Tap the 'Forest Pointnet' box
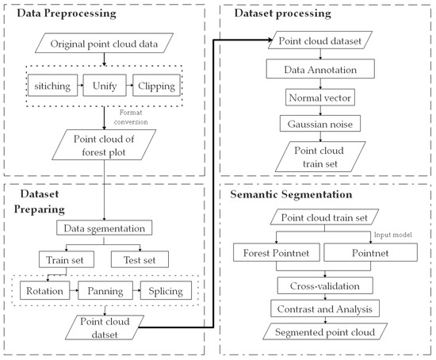click(275, 254)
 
